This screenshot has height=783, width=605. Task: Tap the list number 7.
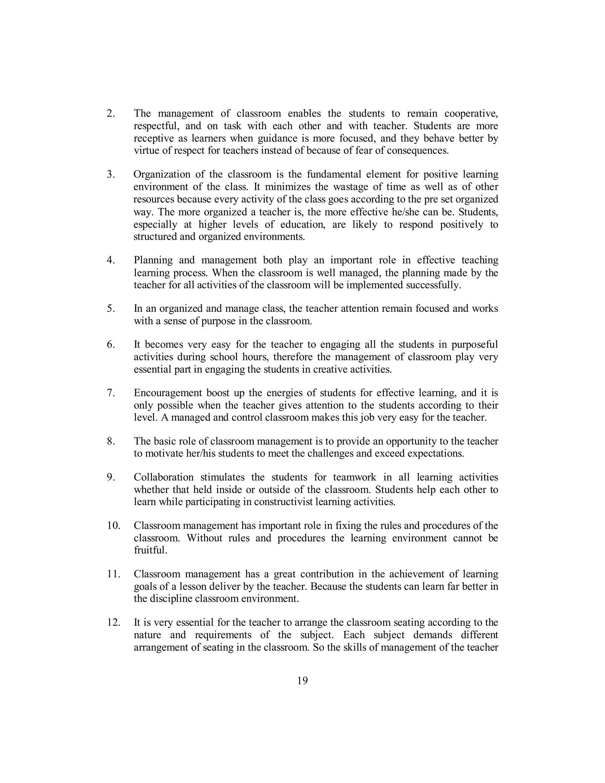point(111,393)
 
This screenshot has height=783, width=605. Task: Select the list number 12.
point(113,622)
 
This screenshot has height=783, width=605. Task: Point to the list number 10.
point(113,526)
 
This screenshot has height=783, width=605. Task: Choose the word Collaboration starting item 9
point(163,477)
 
